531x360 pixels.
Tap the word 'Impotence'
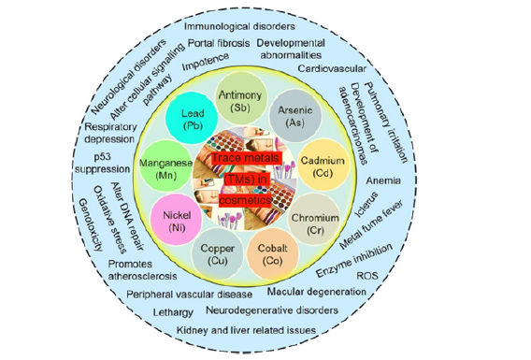pos(205,65)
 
